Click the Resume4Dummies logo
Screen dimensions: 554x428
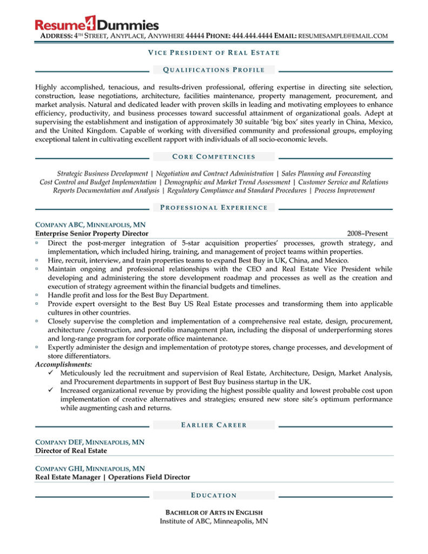tap(96, 24)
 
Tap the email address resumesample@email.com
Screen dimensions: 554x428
tap(343, 36)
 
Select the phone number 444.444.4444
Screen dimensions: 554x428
tap(252, 36)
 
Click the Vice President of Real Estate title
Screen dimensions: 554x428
tap(214, 52)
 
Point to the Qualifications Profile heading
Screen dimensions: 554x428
tap(214, 70)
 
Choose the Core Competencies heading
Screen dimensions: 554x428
tap(214, 157)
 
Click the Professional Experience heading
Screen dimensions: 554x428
tap(214, 208)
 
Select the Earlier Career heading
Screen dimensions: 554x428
tap(214, 425)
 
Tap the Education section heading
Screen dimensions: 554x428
tap(214, 495)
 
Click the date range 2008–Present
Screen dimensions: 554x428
tap(367, 234)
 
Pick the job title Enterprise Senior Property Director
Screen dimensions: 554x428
tap(92, 234)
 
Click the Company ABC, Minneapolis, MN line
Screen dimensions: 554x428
tap(90, 225)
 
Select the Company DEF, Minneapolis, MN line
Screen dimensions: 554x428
tap(90, 442)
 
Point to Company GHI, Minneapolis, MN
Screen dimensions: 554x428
tap(90, 469)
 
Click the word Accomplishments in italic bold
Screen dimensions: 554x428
tap(64, 365)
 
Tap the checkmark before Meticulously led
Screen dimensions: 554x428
tap(51, 373)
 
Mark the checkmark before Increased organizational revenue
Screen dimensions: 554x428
tap(51, 391)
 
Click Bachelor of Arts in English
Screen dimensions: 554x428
tap(214, 512)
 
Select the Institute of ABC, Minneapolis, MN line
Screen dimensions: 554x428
tap(214, 522)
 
